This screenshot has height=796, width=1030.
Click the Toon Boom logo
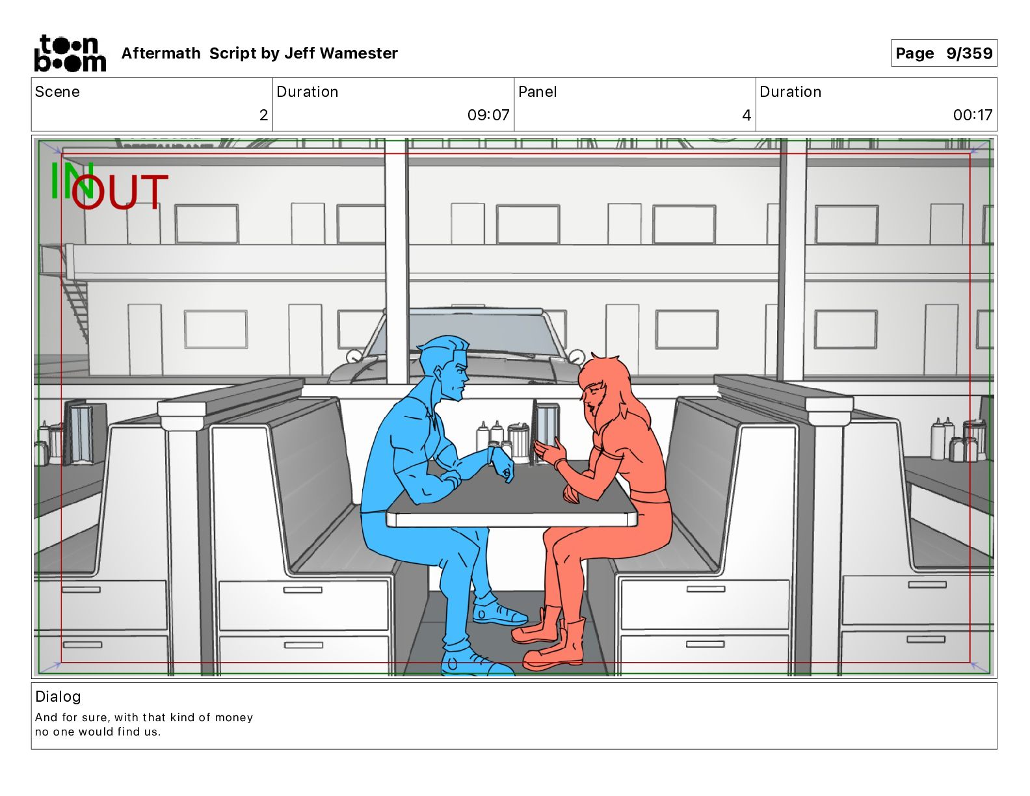coord(70,53)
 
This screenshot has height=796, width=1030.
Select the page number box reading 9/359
coord(944,53)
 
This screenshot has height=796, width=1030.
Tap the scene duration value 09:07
coord(488,115)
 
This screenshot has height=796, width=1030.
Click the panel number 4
coord(746,115)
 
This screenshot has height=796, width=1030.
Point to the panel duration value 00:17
coord(972,115)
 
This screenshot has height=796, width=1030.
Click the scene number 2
coord(263,115)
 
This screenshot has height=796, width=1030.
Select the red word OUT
coord(120,192)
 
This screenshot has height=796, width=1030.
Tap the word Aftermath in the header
coord(161,53)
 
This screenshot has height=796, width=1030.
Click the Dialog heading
coord(58,696)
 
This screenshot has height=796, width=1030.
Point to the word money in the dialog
coord(233,717)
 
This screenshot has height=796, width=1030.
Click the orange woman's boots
coord(553,641)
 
